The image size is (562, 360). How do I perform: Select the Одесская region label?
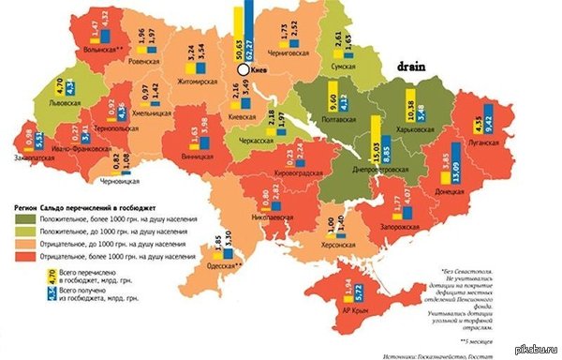click(x=224, y=267)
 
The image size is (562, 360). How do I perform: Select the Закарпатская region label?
click(x=34, y=157)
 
